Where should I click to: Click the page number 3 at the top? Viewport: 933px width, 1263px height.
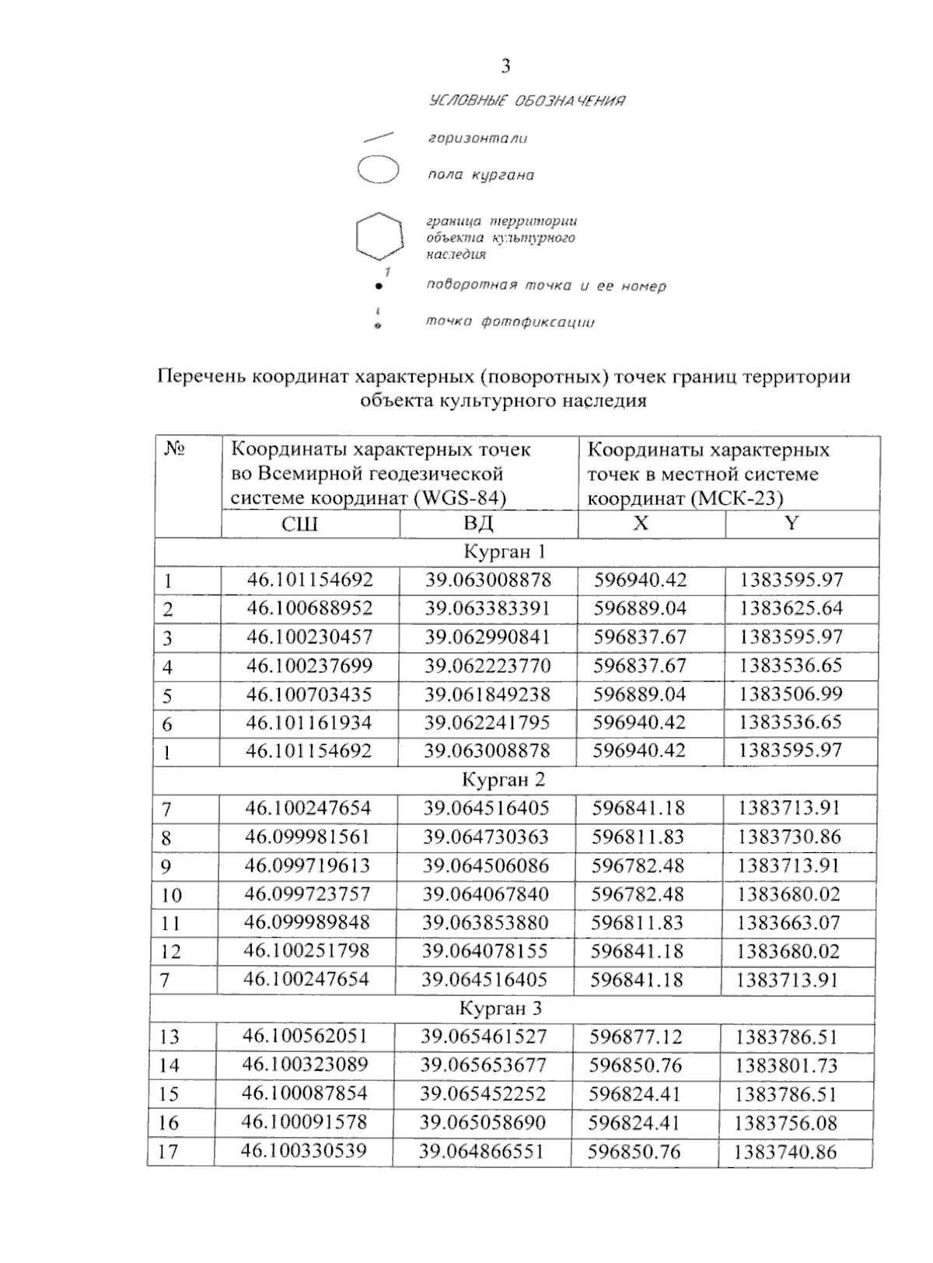(x=506, y=67)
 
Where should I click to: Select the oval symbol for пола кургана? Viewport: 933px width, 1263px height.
(x=378, y=170)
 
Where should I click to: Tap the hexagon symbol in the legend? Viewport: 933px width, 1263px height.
(x=379, y=235)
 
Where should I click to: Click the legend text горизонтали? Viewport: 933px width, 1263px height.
(x=477, y=139)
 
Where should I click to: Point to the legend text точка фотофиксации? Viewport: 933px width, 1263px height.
(x=510, y=321)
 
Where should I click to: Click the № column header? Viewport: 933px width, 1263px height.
(x=175, y=449)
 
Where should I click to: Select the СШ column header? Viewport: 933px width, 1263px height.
(x=299, y=524)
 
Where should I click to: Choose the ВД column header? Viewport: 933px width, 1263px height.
(x=478, y=523)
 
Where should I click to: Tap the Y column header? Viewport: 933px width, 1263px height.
(x=791, y=523)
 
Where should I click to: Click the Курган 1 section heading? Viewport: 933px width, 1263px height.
(x=505, y=552)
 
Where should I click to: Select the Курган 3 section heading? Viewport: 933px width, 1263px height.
(x=500, y=1009)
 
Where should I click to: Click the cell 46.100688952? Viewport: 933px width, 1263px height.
(x=309, y=608)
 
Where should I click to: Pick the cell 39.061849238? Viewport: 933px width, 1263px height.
(x=487, y=693)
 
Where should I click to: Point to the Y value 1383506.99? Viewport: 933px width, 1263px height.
(x=790, y=693)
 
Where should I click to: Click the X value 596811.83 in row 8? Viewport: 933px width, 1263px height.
(x=638, y=837)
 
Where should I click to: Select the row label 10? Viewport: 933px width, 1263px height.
(x=171, y=895)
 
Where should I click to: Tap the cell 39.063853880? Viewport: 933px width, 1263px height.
(x=485, y=922)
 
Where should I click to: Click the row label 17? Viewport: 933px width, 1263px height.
(x=168, y=1151)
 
